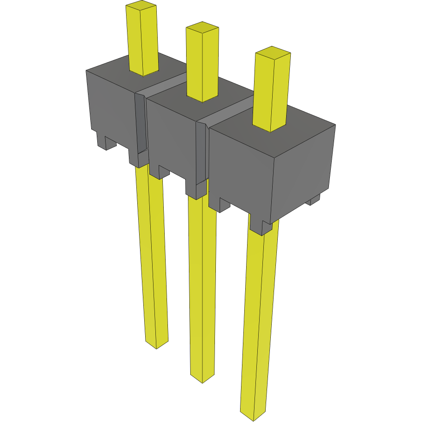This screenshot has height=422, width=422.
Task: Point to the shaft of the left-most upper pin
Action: coord(143,42)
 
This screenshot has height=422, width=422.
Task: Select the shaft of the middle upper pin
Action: coord(202,65)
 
